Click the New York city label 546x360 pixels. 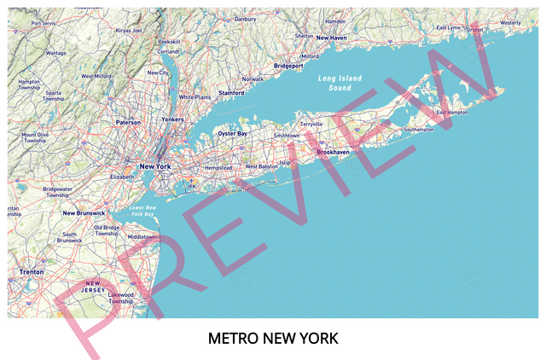point(154,166)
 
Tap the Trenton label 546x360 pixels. point(32,272)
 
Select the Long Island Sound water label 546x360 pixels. point(340,83)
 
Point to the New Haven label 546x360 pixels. point(332,38)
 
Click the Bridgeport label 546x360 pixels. point(288,66)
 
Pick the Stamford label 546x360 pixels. point(231,93)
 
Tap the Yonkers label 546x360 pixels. point(172,119)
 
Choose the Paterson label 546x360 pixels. point(128,122)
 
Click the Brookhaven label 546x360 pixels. point(333,152)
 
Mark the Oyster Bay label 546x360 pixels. point(232,134)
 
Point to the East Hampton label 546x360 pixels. point(452,112)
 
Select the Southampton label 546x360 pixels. point(419,130)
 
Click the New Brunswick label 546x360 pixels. point(84,213)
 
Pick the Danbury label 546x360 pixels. point(245,19)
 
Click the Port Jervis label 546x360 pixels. point(43,23)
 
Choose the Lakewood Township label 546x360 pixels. point(120,298)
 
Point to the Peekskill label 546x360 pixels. point(169,41)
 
